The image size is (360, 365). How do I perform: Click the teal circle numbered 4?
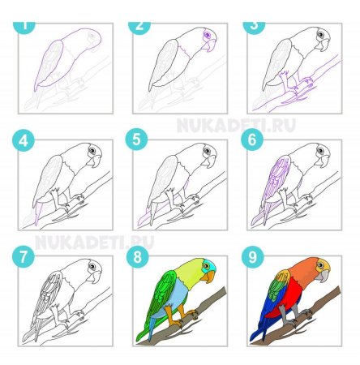pos(24,140)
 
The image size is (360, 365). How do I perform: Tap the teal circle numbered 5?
pos(136,140)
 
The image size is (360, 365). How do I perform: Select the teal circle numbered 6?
pos(252,140)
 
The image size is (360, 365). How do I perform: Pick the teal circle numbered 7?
pos(24,256)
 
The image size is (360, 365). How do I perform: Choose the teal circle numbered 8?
pos(138,256)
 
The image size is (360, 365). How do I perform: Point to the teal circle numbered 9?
pos(253,256)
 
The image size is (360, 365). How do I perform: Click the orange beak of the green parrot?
pos(209,277)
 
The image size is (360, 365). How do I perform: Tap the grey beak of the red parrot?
pos(324,277)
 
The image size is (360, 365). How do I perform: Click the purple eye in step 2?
pos(208,35)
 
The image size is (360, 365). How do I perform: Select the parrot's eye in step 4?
pos(92,150)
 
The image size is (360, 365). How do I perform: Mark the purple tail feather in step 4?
pos(37,213)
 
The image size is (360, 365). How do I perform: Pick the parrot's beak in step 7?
pos(95,277)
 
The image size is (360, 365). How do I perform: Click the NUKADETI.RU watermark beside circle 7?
pos(94,243)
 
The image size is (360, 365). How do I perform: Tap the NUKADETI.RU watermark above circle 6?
pos(236,126)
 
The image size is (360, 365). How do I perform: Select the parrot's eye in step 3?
pos(321,35)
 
